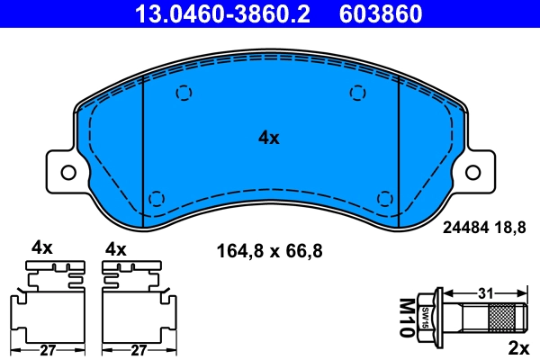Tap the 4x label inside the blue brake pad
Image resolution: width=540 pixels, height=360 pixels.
[x=269, y=138]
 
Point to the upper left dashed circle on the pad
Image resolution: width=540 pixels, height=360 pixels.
[x=184, y=92]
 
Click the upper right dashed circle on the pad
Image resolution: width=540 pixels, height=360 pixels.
[x=357, y=92]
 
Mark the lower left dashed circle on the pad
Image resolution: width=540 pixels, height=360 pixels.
[x=156, y=198]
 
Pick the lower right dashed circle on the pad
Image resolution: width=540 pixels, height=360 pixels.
[x=384, y=198]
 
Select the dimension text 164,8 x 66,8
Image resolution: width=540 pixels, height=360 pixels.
[x=270, y=249]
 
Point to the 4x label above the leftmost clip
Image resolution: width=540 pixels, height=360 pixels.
[x=42, y=247]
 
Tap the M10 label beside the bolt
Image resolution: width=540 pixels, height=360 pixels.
[x=408, y=317]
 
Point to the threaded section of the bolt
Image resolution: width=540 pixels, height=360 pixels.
[x=504, y=318]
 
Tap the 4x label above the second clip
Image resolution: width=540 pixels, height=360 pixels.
[x=117, y=247]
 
